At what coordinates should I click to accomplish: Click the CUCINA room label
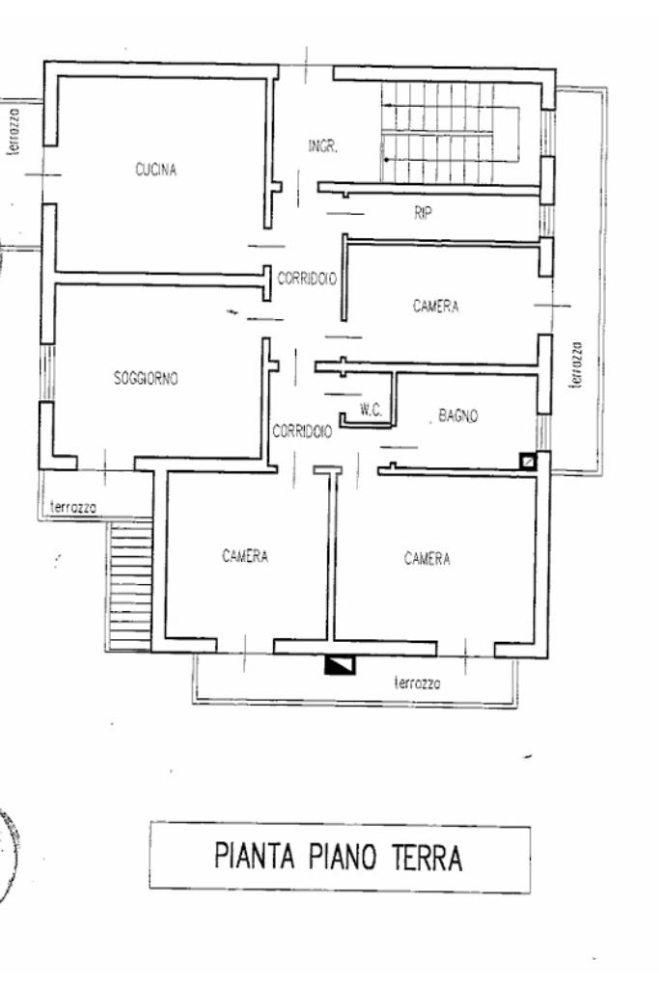pos(156,171)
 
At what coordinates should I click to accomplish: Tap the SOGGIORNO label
pos(146,379)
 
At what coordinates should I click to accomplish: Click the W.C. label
pos(371,410)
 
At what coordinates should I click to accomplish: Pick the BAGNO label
pos(458,416)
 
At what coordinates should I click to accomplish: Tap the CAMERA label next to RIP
pos(436,307)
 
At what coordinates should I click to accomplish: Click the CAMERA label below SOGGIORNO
pos(244,556)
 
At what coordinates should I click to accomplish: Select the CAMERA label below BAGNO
pos(427,559)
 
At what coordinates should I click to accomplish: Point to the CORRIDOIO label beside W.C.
pos(302,432)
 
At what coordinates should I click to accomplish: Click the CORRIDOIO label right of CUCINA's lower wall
pos(307,279)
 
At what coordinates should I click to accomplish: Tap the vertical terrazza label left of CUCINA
pos(14,130)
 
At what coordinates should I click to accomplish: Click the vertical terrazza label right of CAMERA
pos(576,364)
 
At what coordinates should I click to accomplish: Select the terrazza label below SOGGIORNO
pos(73,508)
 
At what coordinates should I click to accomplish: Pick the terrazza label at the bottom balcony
pos(418,682)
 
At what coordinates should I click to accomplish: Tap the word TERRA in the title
pos(426,857)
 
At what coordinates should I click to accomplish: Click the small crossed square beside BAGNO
pos(527,461)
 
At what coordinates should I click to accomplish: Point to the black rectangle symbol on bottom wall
pos(340,663)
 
